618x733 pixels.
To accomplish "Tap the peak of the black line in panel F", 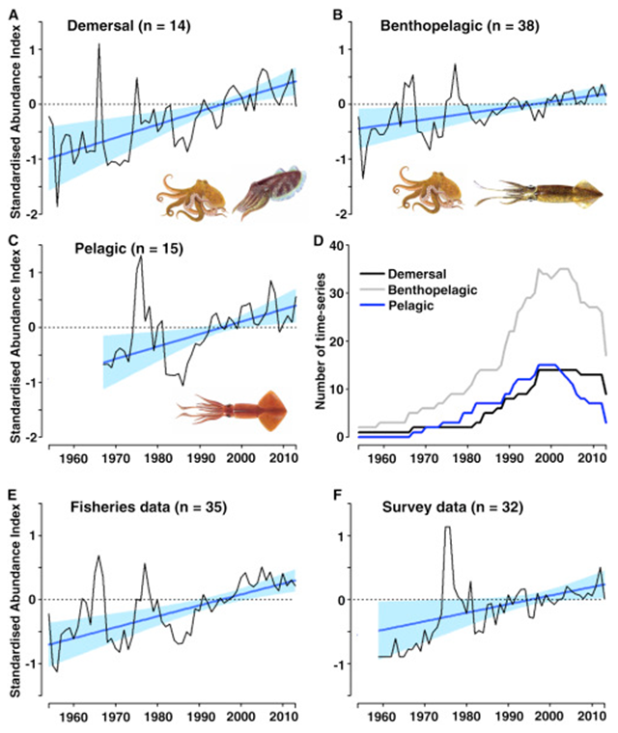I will [448, 527].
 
